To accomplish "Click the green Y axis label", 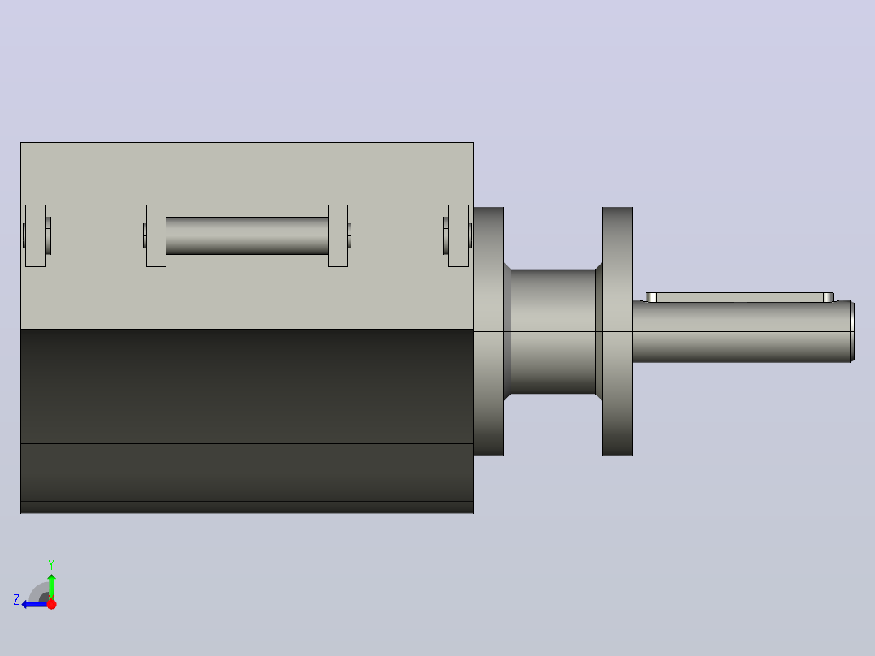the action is click(x=51, y=564).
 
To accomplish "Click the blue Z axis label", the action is click(x=16, y=600).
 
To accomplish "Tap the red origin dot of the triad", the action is click(x=51, y=604).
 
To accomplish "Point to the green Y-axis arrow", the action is click(x=51, y=586).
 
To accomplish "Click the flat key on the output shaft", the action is click(x=739, y=297).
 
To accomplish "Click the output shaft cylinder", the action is click(x=743, y=331).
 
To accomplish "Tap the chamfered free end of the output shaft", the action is click(x=852, y=331).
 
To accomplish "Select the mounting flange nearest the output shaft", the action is click(x=617, y=331).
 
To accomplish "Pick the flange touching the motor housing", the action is click(x=489, y=331).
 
